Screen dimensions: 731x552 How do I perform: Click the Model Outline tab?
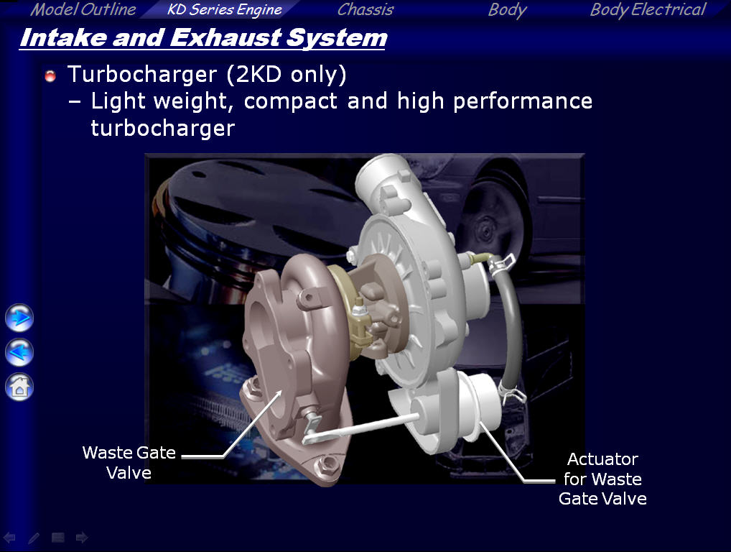coord(83,9)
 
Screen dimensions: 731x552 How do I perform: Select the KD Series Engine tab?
coord(224,10)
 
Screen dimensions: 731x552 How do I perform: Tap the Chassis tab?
coord(365,9)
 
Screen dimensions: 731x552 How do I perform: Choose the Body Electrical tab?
coord(648,10)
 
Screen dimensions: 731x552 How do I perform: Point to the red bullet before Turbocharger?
coord(50,75)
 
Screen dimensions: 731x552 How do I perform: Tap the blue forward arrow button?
coord(19,318)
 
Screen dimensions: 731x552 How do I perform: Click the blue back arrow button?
coord(19,352)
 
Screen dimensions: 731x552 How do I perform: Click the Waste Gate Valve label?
coord(129,462)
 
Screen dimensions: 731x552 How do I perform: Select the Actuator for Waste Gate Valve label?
coord(602,479)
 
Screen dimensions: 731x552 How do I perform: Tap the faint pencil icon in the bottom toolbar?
coord(34,538)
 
